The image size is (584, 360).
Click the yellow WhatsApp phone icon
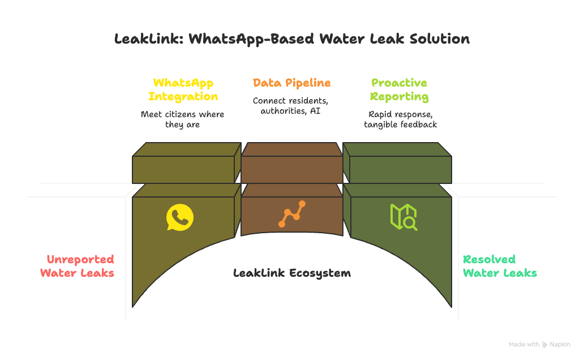(x=180, y=217)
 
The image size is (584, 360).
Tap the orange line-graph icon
(x=292, y=214)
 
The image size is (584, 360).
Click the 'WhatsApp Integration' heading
(x=183, y=89)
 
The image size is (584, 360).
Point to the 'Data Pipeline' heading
(x=292, y=83)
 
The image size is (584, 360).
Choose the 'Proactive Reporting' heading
(x=399, y=89)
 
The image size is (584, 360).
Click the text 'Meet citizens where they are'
(x=182, y=119)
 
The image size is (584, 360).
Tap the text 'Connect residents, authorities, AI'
(x=290, y=106)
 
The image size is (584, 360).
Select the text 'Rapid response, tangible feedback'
(x=400, y=119)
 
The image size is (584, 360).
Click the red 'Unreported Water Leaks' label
(x=78, y=266)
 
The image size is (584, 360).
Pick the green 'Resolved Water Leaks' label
(x=500, y=266)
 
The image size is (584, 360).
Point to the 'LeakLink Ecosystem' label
(x=292, y=273)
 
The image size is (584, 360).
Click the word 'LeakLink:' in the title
(x=148, y=39)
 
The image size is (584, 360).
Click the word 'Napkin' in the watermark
(x=560, y=344)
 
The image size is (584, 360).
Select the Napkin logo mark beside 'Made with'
(x=545, y=344)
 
